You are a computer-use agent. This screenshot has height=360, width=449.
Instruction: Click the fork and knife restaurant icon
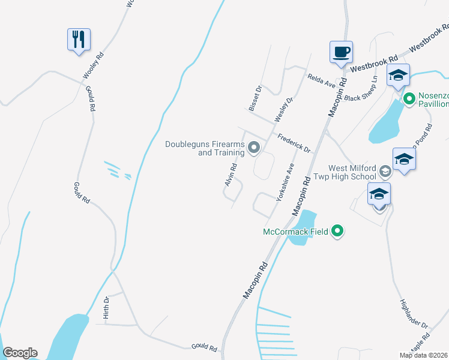pyautogui.click(x=79, y=40)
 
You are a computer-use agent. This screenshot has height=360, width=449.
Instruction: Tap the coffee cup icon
pyautogui.click(x=341, y=52)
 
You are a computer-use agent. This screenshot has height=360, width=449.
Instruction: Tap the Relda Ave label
pyautogui.click(x=321, y=81)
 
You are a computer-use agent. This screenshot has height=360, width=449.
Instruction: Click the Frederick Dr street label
pyautogui.click(x=294, y=143)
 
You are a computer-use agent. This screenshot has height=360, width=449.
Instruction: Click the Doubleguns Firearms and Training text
pyautogui.click(x=205, y=148)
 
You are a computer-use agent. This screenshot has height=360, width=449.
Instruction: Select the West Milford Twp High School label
pyautogui.click(x=352, y=172)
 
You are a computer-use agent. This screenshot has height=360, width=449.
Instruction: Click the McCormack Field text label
pyautogui.click(x=297, y=232)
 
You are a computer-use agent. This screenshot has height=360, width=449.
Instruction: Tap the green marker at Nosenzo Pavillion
pyautogui.click(x=409, y=98)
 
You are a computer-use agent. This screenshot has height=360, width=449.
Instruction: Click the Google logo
pyautogui.click(x=20, y=353)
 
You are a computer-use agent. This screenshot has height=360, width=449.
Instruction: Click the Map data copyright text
pyautogui.click(x=424, y=355)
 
